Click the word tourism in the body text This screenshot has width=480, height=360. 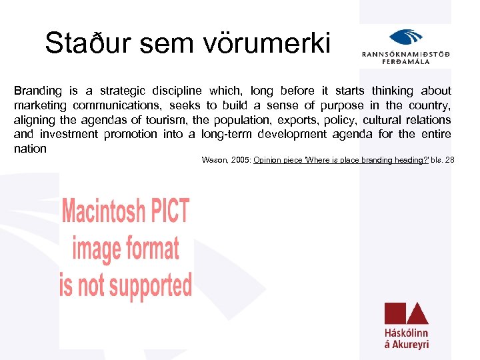point(165,120)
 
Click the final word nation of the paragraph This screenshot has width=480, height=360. point(30,149)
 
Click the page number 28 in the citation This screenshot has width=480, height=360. point(459,160)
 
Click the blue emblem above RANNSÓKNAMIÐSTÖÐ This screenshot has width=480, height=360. point(405,39)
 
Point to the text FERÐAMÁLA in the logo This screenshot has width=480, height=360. point(405,61)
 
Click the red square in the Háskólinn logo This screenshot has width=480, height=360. point(394,313)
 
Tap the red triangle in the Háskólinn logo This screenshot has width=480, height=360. point(417,314)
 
